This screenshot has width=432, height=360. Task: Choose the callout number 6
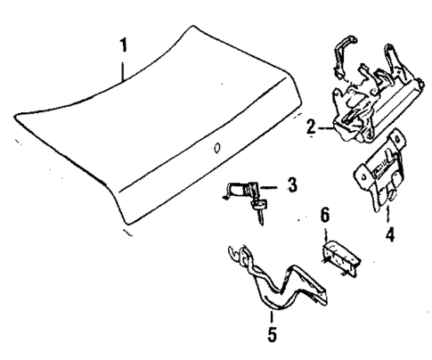325,217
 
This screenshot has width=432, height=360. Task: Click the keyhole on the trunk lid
214,148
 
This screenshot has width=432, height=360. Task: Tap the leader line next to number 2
324,128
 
